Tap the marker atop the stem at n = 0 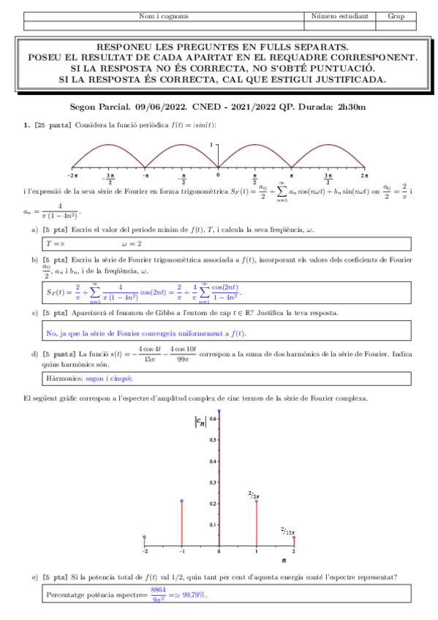[x=219, y=412]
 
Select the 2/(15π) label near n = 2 [x=288, y=531]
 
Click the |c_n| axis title [x=199, y=420]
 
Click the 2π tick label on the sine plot [x=363, y=176]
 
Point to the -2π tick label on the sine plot [x=72, y=176]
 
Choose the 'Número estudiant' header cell [x=339, y=16]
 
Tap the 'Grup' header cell [x=396, y=16]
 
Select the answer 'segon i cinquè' [x=109, y=379]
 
